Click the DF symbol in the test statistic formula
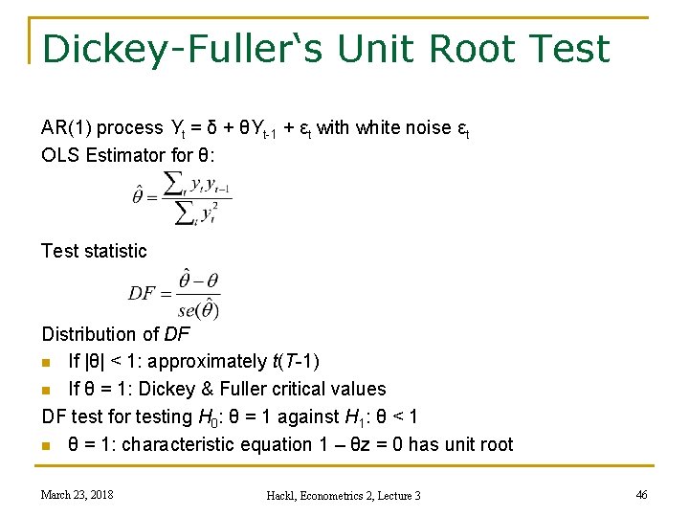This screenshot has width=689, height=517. click(142, 293)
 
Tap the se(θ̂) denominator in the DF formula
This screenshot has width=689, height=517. click(198, 309)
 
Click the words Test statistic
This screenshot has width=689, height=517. click(94, 251)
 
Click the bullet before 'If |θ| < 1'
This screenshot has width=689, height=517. click(47, 362)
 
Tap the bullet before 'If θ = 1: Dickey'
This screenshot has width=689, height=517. click(47, 390)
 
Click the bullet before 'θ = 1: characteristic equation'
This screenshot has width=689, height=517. click(47, 445)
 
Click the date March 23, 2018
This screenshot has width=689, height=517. click(77, 494)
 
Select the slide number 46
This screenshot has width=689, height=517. click(641, 494)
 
